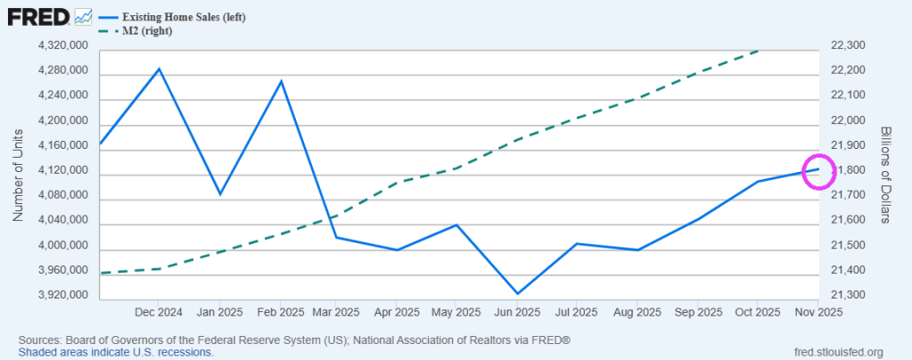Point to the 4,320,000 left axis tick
[x=63, y=45]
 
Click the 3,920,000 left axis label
[x=63, y=295]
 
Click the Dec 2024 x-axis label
[x=159, y=312]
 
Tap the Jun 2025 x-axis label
[x=517, y=312]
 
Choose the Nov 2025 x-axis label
[x=818, y=312]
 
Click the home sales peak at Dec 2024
[x=159, y=69]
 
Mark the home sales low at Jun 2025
[x=517, y=293]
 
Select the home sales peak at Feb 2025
[x=281, y=81]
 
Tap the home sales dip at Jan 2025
[x=219, y=193]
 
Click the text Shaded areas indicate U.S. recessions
[x=116, y=352]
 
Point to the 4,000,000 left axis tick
[x=63, y=245]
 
